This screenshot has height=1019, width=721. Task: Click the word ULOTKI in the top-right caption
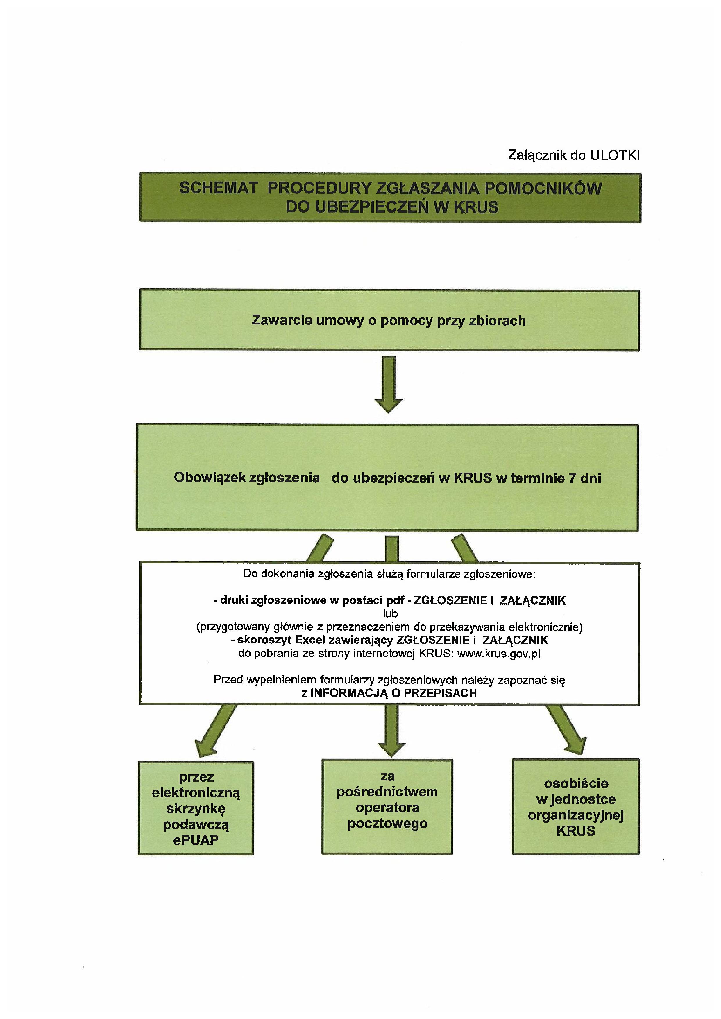click(x=615, y=155)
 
